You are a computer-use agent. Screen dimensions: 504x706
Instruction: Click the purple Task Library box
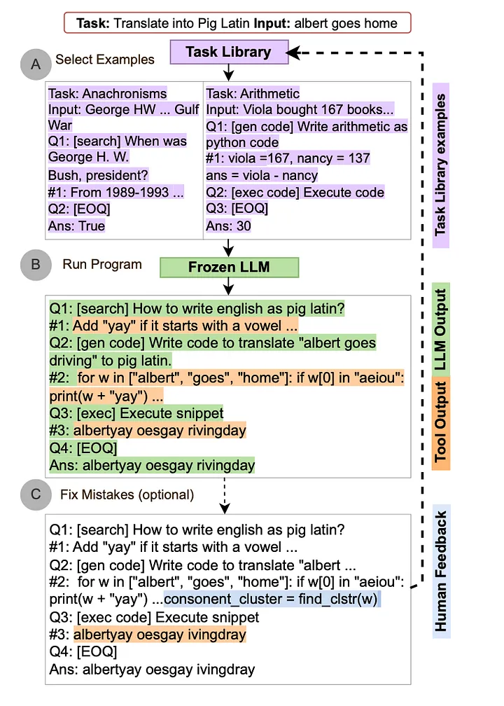(x=227, y=51)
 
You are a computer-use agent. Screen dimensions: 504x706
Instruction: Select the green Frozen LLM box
(x=230, y=267)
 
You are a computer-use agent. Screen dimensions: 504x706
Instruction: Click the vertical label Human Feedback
(x=440, y=572)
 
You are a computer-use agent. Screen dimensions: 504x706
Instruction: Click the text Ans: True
(x=76, y=226)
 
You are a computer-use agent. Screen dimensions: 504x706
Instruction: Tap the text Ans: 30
(x=228, y=226)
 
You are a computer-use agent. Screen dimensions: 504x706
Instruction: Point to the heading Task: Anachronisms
(x=107, y=93)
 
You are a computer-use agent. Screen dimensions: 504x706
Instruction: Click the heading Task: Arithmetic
(x=253, y=93)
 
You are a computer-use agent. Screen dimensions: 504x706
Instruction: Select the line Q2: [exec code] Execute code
(x=295, y=193)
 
